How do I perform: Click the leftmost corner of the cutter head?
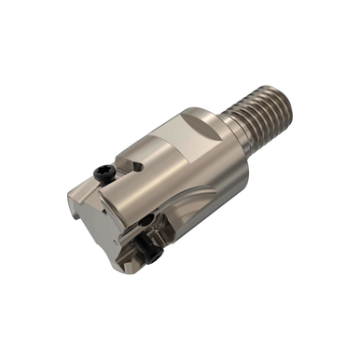coord(69,197)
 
